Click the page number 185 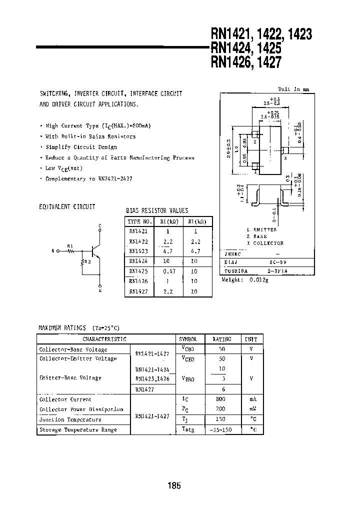(174, 485)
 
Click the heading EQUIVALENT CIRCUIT (67, 206)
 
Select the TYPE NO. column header (139, 221)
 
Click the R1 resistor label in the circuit (70, 246)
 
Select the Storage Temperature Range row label (78, 429)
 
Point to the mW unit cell (252, 409)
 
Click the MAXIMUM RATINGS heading (62, 327)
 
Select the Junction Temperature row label (70, 419)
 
